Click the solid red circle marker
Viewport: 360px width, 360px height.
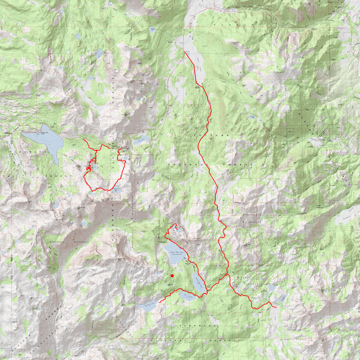pyautogui.click(x=172, y=275)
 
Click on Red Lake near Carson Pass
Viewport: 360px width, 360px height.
pyautogui.click(x=139, y=140)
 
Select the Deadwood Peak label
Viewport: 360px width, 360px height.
pyautogui.click(x=121, y=259)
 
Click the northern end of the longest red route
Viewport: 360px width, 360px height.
pyautogui.click(x=184, y=52)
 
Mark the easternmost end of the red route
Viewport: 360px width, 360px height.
pyautogui.click(x=276, y=307)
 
